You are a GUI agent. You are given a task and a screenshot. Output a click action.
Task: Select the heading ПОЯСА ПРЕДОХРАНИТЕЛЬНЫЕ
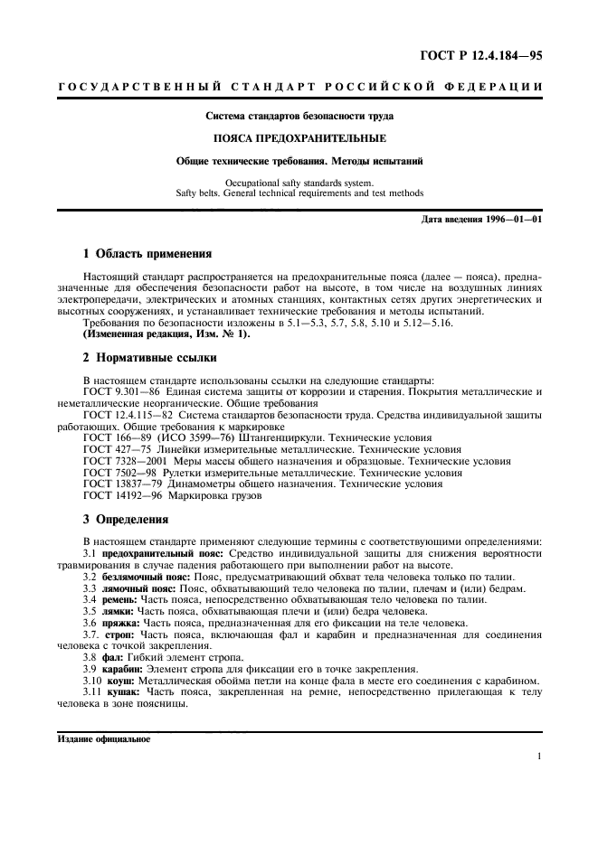point(299,138)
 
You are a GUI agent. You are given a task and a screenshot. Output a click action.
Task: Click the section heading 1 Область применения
point(147,254)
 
